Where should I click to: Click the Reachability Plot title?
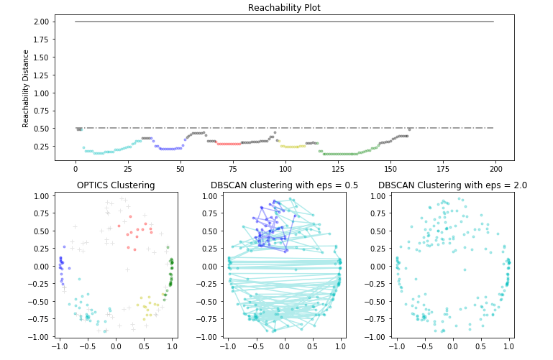[284, 8]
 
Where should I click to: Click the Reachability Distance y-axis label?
[27, 88]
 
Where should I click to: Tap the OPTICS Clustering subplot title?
[116, 185]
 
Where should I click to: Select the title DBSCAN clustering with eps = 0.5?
[284, 185]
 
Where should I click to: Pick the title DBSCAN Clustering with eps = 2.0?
[452, 185]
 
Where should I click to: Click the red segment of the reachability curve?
[229, 144]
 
